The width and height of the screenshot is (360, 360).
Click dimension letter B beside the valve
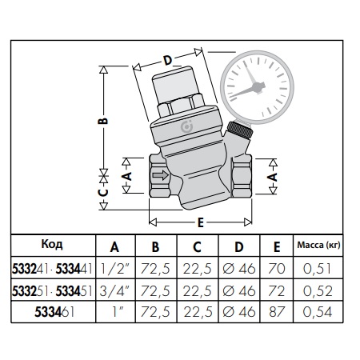(102, 120)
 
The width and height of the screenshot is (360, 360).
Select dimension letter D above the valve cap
(167, 60)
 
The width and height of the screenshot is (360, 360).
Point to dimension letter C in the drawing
(102, 192)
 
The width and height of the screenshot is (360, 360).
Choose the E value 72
(277, 290)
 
